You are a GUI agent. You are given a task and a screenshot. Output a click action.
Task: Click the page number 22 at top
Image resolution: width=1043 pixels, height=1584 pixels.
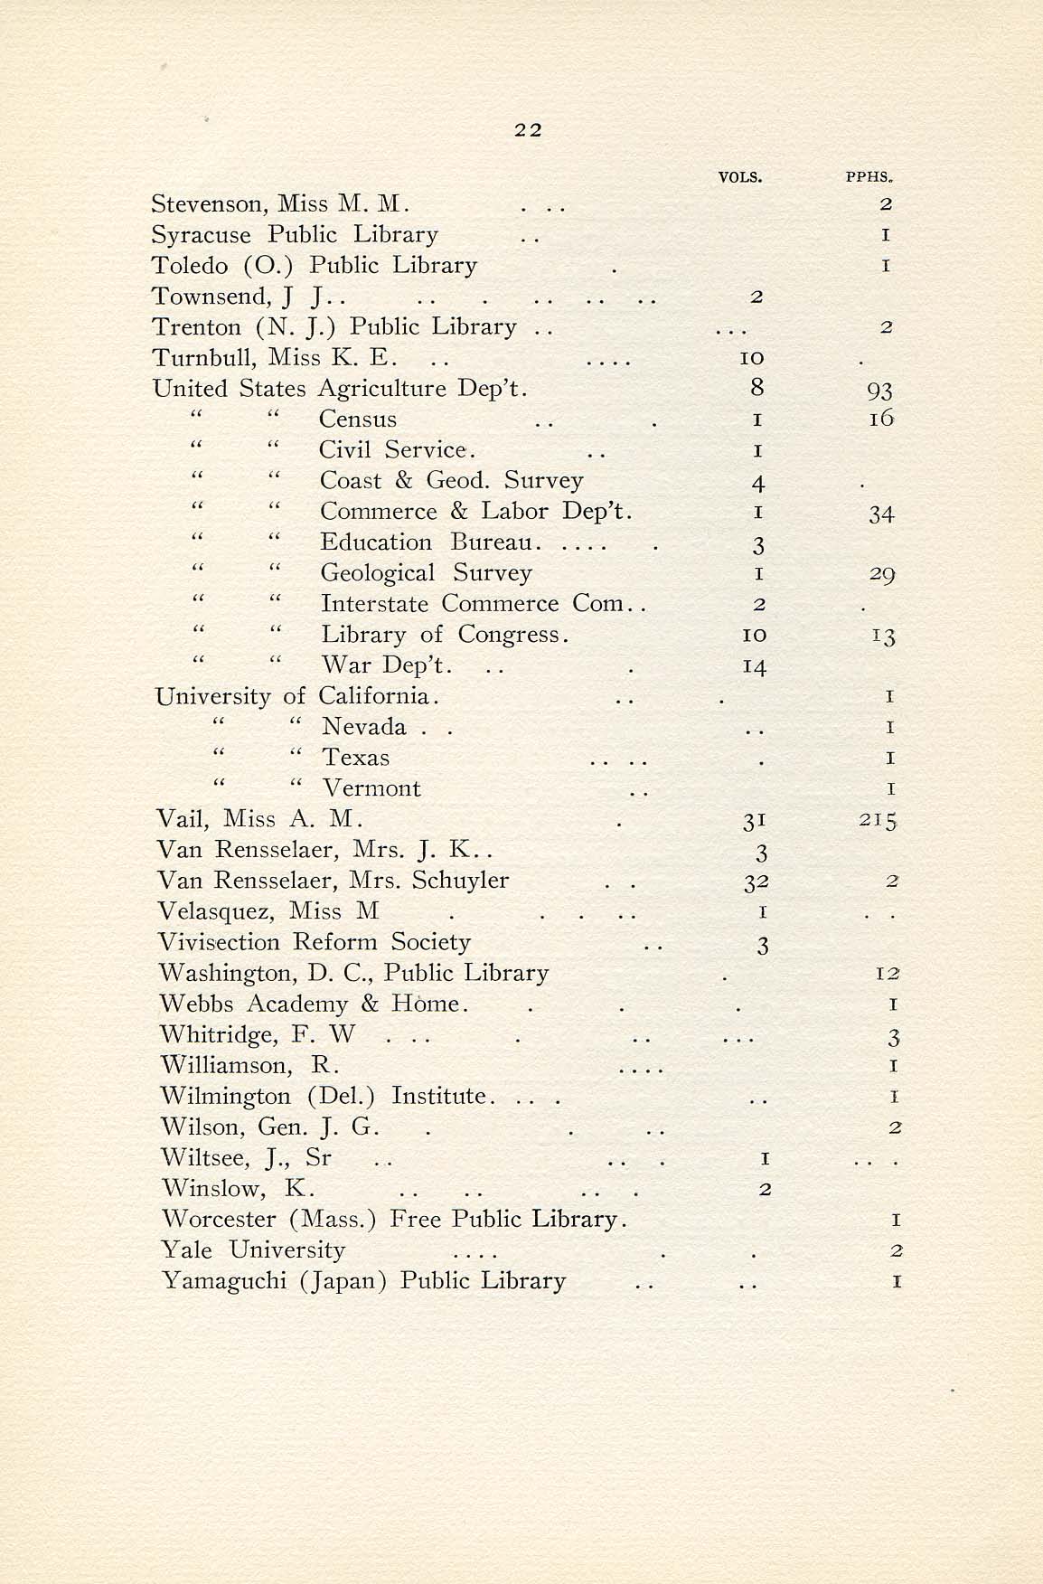pos(528,129)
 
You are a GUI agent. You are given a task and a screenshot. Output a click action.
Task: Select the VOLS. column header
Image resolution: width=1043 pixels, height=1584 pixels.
pos(739,177)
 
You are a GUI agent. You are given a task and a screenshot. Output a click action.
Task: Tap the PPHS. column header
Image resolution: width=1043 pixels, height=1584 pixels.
pos(869,177)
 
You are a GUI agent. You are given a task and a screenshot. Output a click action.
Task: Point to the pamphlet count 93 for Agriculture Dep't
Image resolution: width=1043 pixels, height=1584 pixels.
pos(879,391)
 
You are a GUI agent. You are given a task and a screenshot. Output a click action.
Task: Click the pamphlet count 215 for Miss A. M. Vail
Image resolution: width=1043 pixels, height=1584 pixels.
pos(879,821)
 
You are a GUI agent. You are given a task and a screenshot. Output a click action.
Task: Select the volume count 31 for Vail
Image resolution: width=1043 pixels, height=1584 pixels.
pos(755,821)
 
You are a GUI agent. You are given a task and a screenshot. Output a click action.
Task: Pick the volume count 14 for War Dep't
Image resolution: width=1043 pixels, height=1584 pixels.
pos(754,667)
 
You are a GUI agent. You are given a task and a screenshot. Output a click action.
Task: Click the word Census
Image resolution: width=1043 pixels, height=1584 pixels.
pos(358,420)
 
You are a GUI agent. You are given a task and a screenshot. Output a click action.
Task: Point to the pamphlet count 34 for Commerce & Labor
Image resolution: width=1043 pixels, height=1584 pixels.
pos(881,514)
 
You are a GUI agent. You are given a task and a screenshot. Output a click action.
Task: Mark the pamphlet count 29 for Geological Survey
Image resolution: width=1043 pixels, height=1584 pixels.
pos(881,574)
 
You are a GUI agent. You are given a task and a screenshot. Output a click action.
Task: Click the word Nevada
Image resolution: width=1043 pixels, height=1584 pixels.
pos(364,727)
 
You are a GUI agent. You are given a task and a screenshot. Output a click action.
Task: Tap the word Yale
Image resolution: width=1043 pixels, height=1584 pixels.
pos(187,1250)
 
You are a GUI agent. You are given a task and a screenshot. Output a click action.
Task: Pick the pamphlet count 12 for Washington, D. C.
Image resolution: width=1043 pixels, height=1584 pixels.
pos(888,974)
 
